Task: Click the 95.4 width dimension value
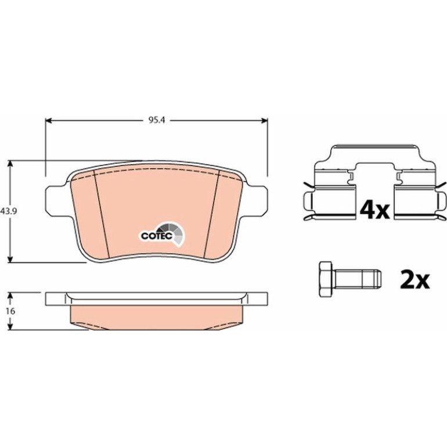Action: [157, 120]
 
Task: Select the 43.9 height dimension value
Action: [9, 211]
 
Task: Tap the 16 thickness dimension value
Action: [10, 311]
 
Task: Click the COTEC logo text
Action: [157, 236]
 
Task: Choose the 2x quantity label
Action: [415, 280]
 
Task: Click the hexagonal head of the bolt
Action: [326, 280]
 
